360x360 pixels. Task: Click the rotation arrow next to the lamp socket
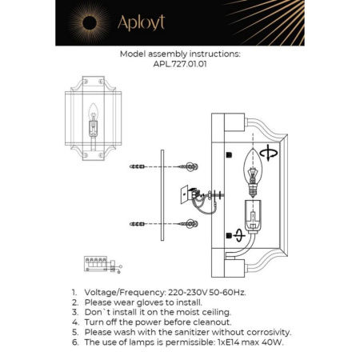point(240,235)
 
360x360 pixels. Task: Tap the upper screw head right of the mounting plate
point(192,167)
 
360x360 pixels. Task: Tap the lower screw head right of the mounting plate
point(192,224)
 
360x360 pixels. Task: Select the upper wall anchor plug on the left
point(138,168)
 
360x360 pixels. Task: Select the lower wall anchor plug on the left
point(138,224)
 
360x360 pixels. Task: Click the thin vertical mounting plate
point(162,194)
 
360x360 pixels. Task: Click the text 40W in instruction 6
point(271,342)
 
